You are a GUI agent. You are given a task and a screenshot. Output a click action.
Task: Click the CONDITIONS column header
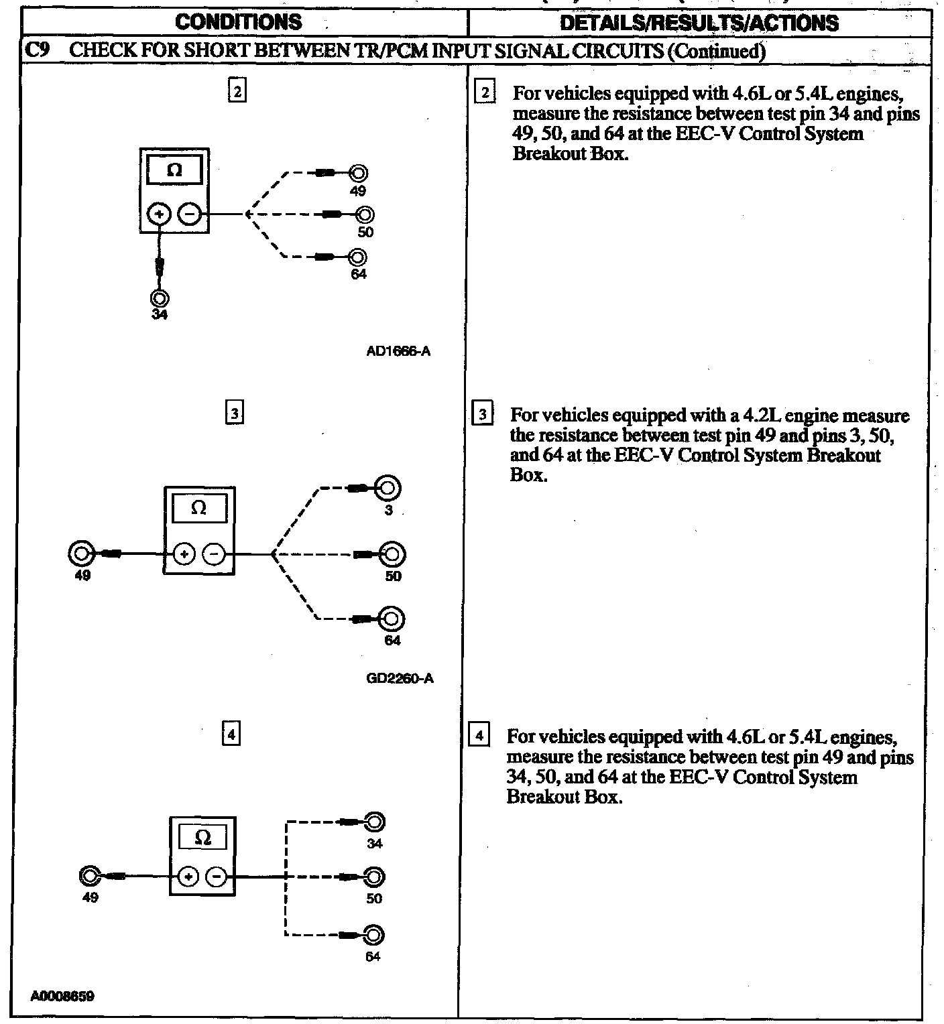pyautogui.click(x=238, y=22)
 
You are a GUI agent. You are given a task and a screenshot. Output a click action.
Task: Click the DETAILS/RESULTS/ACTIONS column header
pyautogui.click(x=699, y=23)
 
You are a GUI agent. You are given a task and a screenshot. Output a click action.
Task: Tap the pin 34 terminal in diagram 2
pyautogui.click(x=160, y=298)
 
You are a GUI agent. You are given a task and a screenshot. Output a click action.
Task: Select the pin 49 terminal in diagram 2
pyautogui.click(x=359, y=174)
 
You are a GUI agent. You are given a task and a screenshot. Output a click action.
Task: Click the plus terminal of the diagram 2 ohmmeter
pyautogui.click(x=160, y=214)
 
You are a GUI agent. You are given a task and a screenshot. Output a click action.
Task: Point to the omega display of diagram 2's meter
pyautogui.click(x=174, y=170)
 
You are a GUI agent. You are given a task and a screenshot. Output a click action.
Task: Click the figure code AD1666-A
pyautogui.click(x=398, y=351)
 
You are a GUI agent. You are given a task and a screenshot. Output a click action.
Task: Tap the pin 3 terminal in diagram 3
pyautogui.click(x=388, y=488)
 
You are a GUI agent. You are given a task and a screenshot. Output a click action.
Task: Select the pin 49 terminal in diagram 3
pyautogui.click(x=80, y=554)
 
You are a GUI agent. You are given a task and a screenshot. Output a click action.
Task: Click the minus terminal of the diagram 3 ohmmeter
pyautogui.click(x=214, y=554)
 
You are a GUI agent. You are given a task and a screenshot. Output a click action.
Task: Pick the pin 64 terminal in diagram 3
pyautogui.click(x=392, y=619)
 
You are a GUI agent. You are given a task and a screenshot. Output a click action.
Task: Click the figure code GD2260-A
pyautogui.click(x=400, y=678)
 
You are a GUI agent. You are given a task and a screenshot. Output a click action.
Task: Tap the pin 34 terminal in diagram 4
pyautogui.click(x=374, y=822)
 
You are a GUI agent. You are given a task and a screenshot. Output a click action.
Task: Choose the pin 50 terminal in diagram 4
pyautogui.click(x=374, y=877)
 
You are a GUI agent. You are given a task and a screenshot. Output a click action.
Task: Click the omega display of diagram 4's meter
pyautogui.click(x=202, y=837)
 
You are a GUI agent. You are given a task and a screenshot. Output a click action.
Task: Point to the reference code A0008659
pyautogui.click(x=62, y=997)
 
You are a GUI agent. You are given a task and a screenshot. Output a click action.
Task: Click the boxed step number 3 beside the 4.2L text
pyautogui.click(x=482, y=415)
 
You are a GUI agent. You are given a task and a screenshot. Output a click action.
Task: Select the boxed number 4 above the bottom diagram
pyautogui.click(x=231, y=735)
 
